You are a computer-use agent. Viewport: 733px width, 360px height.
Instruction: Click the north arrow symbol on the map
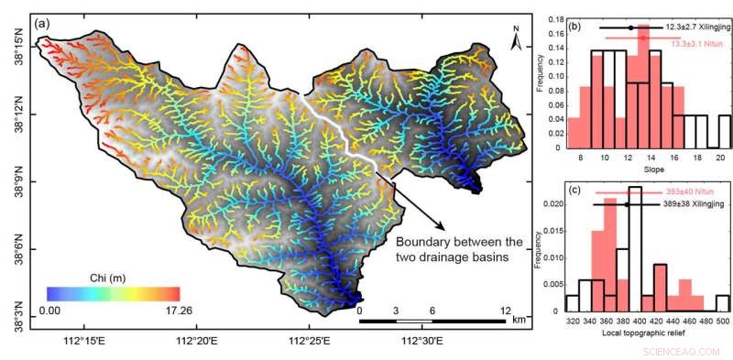coord(516,40)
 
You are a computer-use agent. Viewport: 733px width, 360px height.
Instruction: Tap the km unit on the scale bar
coord(519,321)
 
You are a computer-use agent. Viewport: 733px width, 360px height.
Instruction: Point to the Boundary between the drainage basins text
coord(459,250)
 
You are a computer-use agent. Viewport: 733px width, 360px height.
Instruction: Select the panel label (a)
coord(41,24)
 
